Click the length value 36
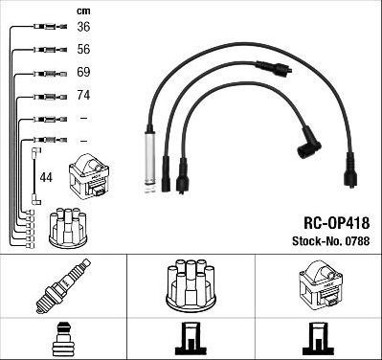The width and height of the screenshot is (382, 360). tap(84, 27)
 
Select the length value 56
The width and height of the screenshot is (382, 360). tap(84, 50)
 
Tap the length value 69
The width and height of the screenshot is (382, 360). tap(84, 73)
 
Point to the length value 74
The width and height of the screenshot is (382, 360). tap(84, 96)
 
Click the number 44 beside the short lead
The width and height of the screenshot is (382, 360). tap(46, 177)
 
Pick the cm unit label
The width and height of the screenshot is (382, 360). tap(83, 11)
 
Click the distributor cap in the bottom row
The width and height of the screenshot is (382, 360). tap(191, 285)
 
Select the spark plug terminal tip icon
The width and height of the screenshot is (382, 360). tap(63, 339)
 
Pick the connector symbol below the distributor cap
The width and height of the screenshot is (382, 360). tap(191, 339)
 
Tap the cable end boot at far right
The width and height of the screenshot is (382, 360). tap(350, 176)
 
